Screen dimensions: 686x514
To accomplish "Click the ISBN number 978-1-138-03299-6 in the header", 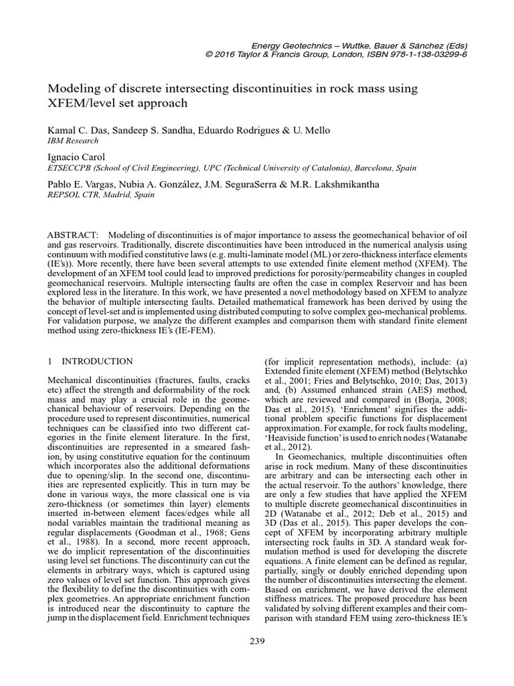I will coord(423,54).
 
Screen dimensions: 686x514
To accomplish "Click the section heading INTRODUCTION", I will coord(98,361).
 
